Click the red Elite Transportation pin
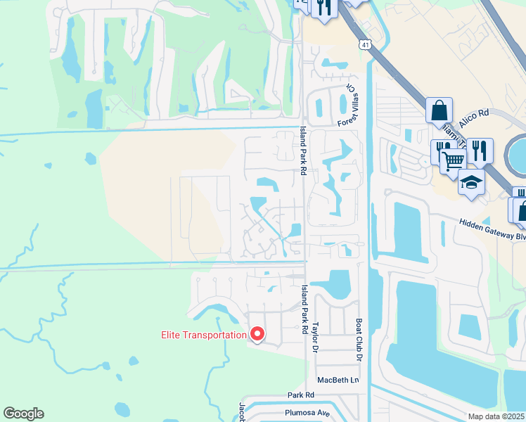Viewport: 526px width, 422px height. click(x=257, y=334)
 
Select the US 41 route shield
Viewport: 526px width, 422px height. click(x=364, y=45)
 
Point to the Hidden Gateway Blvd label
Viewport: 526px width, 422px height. click(x=492, y=229)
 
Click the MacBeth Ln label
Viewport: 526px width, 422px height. click(x=338, y=380)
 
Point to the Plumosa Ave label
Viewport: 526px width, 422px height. click(x=307, y=414)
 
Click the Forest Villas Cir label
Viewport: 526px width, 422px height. click(x=352, y=103)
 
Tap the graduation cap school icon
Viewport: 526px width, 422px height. click(x=471, y=183)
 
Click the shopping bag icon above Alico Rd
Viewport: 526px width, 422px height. click(x=439, y=110)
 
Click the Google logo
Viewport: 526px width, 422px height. click(x=23, y=414)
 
